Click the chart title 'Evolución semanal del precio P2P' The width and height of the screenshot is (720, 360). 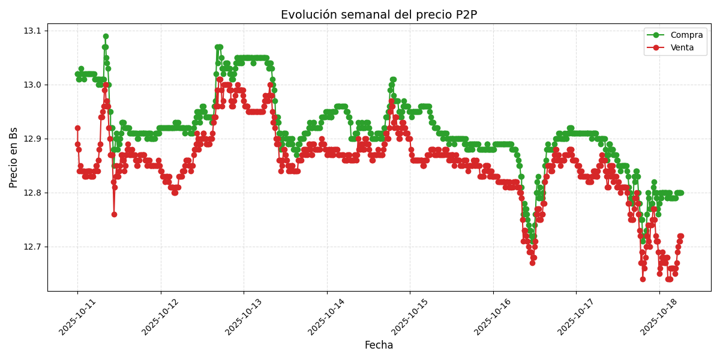(x=379, y=15)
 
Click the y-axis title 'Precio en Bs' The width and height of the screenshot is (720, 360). (x=14, y=157)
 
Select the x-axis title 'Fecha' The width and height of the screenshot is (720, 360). (x=379, y=346)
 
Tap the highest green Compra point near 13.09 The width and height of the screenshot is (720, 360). (x=106, y=36)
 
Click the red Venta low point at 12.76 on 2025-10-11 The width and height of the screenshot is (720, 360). (x=114, y=214)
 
